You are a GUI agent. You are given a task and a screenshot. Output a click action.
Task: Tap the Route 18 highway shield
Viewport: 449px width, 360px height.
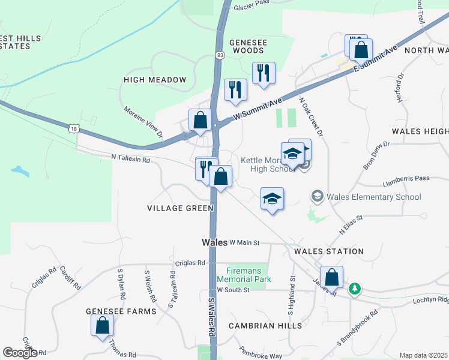point(74,128)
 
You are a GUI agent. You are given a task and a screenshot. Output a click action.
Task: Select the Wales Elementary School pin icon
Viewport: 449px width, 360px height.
point(317,197)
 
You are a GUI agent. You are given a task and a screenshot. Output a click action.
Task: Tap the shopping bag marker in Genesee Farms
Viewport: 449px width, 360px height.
point(103,325)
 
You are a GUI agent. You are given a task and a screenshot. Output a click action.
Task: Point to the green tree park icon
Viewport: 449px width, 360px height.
point(355,289)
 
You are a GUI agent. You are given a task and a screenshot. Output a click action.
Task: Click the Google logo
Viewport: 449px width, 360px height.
point(20,353)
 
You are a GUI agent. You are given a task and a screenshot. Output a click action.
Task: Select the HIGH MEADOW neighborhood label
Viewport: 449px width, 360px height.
point(155,80)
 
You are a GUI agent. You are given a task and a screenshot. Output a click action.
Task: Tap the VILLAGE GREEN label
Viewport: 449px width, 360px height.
point(180,208)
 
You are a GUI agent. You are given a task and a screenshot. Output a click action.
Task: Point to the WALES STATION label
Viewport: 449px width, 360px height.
point(328,251)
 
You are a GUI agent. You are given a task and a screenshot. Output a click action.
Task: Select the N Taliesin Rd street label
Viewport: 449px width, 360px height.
point(130,157)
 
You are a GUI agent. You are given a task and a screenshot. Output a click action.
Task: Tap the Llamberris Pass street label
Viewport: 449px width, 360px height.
point(406,178)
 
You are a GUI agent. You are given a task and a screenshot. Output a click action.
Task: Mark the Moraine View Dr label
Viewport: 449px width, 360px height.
point(143,122)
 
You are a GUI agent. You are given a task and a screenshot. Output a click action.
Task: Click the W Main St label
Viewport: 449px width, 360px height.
point(244,243)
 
